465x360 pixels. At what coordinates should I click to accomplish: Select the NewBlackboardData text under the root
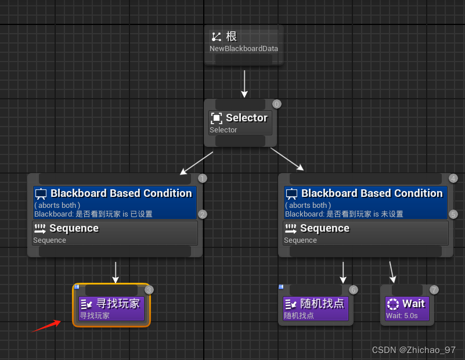point(244,49)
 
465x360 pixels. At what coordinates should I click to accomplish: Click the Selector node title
point(246,118)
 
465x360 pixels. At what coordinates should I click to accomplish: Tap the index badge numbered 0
point(277,105)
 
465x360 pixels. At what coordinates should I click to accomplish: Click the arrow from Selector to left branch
point(196,163)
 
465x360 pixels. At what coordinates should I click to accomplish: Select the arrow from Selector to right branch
point(287,160)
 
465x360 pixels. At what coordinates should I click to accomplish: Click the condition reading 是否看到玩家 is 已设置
point(114,214)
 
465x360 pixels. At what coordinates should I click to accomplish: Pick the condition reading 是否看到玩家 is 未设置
point(365,214)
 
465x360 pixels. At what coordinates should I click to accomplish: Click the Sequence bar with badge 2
point(115,232)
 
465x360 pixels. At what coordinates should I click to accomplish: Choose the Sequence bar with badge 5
point(366,232)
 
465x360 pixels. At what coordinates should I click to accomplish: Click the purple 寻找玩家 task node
point(111,308)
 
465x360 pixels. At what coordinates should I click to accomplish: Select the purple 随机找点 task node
point(316,308)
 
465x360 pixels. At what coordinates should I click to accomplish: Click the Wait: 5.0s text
point(402,316)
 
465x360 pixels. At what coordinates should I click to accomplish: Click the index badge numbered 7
point(434,290)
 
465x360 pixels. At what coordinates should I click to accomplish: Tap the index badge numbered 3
point(149,290)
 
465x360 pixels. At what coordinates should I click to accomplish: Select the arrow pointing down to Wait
point(392,272)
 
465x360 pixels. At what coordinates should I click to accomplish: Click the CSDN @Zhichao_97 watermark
point(413,350)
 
